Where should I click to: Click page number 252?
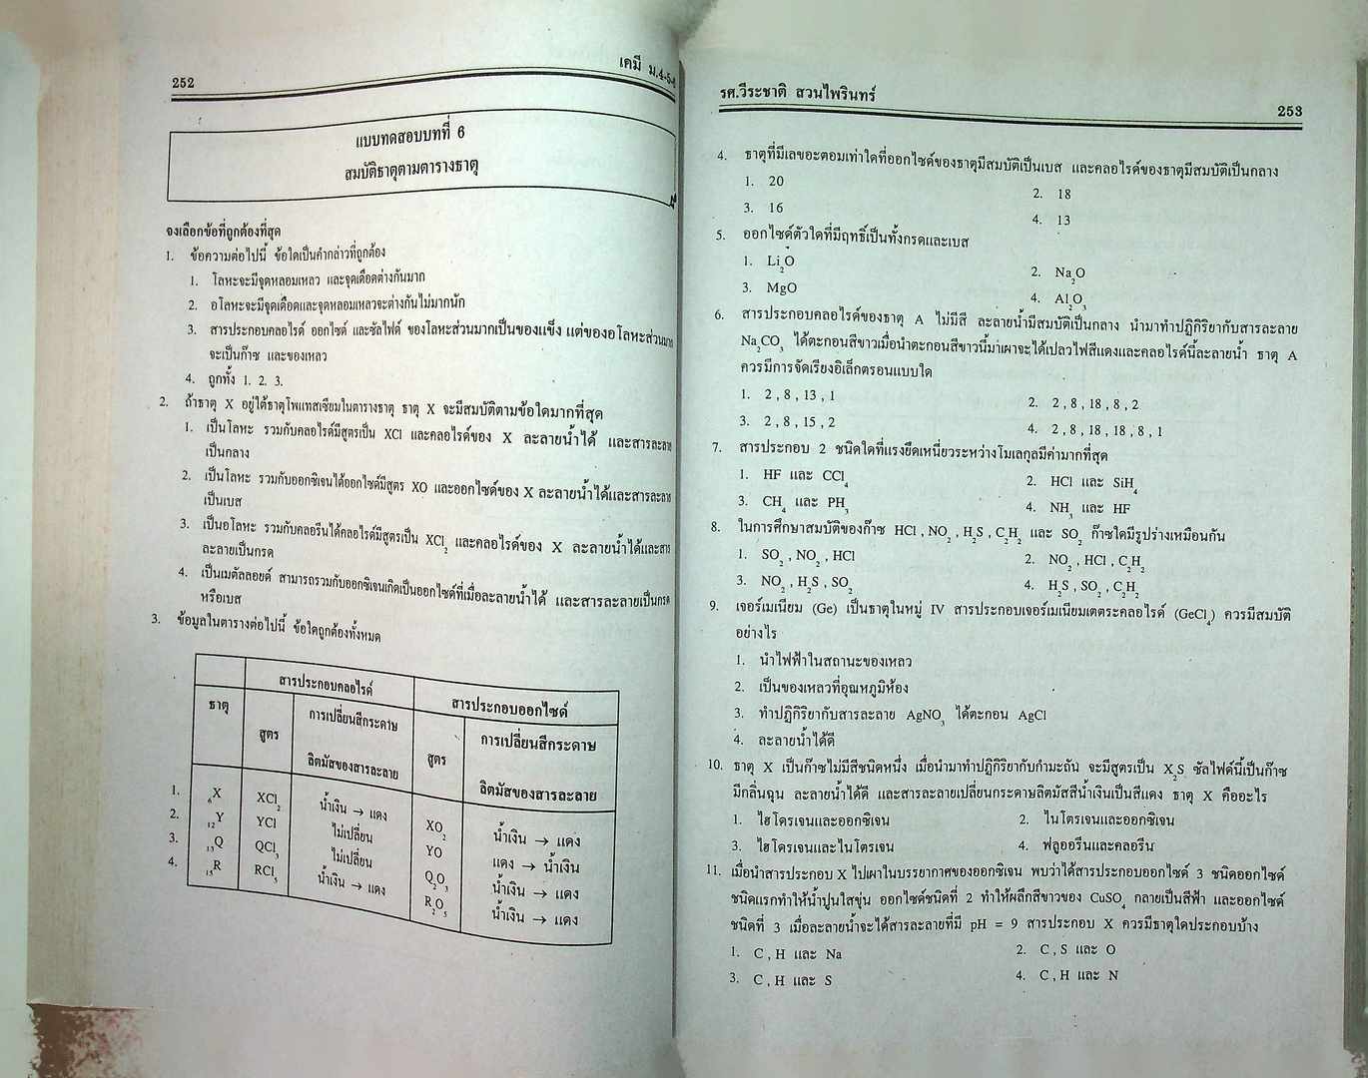[x=183, y=84]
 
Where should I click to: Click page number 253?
[x=1289, y=112]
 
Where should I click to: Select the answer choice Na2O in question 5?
[x=1070, y=271]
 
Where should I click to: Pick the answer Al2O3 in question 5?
[x=1070, y=298]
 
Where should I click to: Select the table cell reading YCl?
[x=266, y=822]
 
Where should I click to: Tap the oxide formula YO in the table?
[x=434, y=852]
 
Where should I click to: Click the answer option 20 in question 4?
[x=776, y=182]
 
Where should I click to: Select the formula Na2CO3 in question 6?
[x=762, y=343]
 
